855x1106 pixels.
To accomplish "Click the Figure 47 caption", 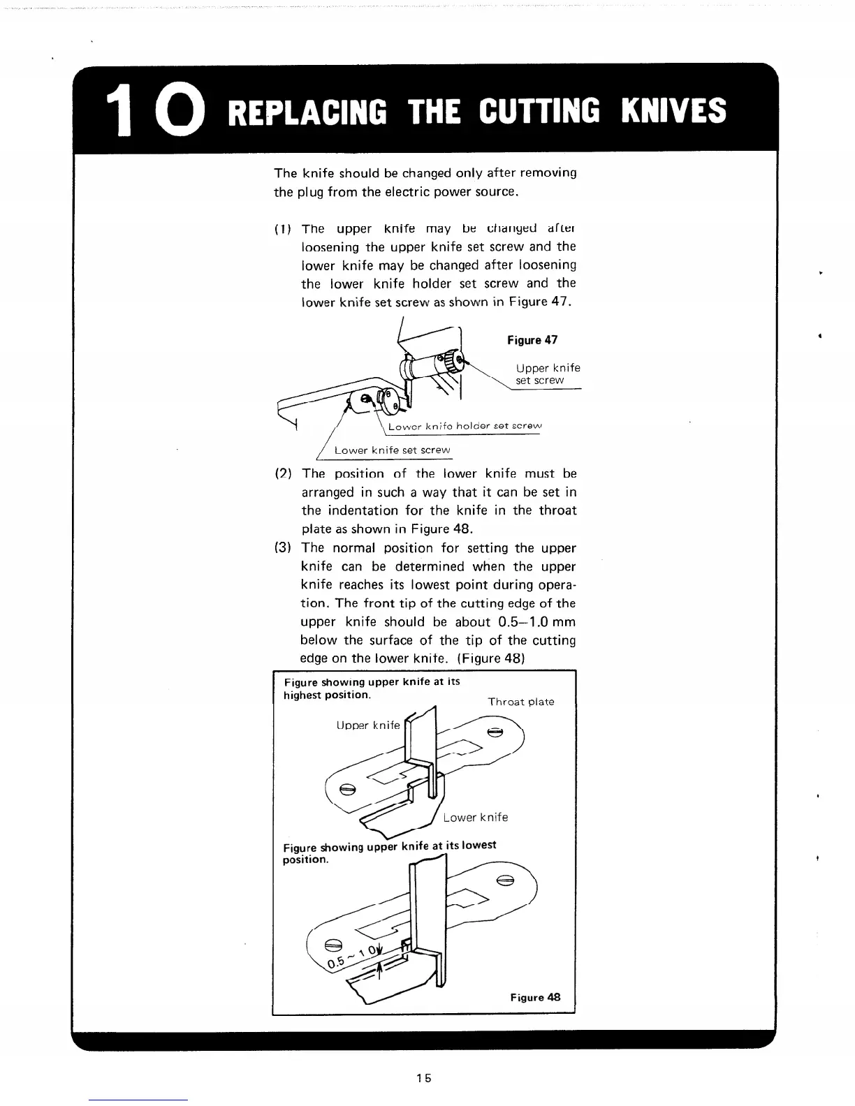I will pos(532,340).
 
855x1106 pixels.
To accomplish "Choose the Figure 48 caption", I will pos(535,997).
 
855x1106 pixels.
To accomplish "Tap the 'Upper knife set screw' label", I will pos(548,374).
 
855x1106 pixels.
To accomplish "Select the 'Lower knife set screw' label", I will pos(392,450).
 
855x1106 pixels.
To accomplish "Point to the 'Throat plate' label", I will pos(521,702).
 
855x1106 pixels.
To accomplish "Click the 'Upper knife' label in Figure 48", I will pos(368,725).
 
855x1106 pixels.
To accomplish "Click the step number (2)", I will pos(282,473).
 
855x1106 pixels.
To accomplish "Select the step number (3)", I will pos(282,548).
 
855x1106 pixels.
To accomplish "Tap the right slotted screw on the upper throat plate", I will pos(495,732).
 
